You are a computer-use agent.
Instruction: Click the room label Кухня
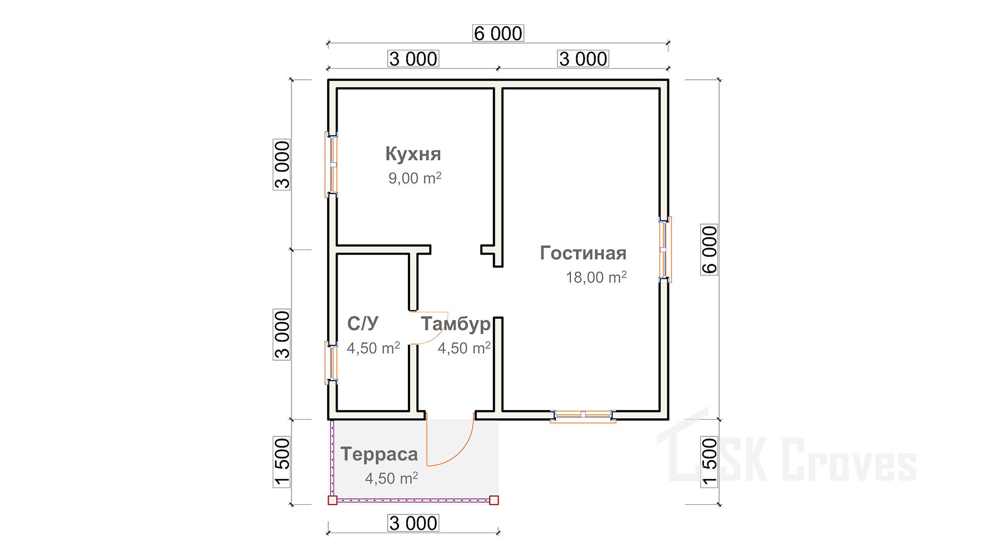(413, 154)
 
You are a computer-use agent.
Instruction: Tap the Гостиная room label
(583, 253)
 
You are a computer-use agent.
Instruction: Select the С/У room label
(362, 323)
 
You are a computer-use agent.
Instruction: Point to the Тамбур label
(456, 324)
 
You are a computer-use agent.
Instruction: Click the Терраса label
(379, 454)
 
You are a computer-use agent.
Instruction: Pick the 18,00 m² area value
(596, 277)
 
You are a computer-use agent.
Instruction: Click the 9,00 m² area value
(415, 178)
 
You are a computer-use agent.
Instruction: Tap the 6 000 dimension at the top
(498, 33)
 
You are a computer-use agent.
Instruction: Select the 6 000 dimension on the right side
(709, 249)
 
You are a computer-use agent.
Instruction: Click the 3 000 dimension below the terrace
(413, 523)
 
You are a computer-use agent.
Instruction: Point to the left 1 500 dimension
(282, 462)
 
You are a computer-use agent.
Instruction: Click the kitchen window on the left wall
(331, 165)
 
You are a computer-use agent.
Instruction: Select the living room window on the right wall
(665, 249)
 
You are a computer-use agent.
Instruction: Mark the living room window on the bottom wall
(583, 416)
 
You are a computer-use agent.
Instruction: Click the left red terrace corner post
(332, 500)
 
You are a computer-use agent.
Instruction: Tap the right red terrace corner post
(494, 500)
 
